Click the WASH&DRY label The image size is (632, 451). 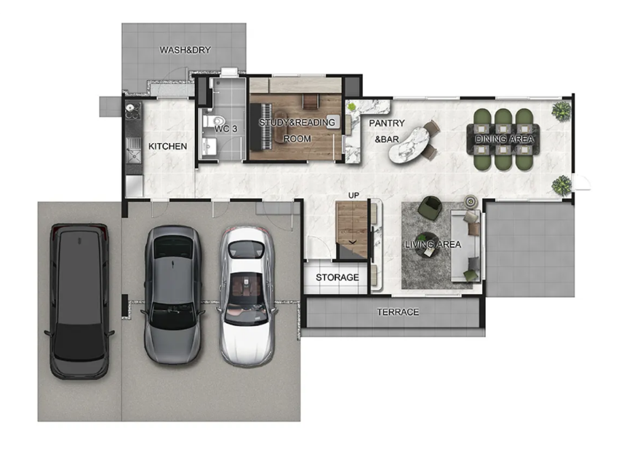[x=185, y=50]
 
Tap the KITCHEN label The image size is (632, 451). [x=168, y=147]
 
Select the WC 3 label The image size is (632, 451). [x=225, y=129]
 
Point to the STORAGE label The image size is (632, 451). [x=337, y=277]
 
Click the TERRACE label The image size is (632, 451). [x=398, y=312]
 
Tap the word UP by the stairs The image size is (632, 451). [x=353, y=195]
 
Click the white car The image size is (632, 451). [x=247, y=296]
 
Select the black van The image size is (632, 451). [x=79, y=301]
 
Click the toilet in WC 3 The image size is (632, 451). [x=214, y=121]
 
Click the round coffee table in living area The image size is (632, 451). [x=427, y=244]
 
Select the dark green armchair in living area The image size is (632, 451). [x=430, y=208]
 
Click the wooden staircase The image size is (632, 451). [x=351, y=229]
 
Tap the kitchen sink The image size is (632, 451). [x=133, y=155]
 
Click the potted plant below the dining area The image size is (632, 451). [x=561, y=185]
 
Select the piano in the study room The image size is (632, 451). [x=261, y=126]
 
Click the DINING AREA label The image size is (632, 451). [x=504, y=139]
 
